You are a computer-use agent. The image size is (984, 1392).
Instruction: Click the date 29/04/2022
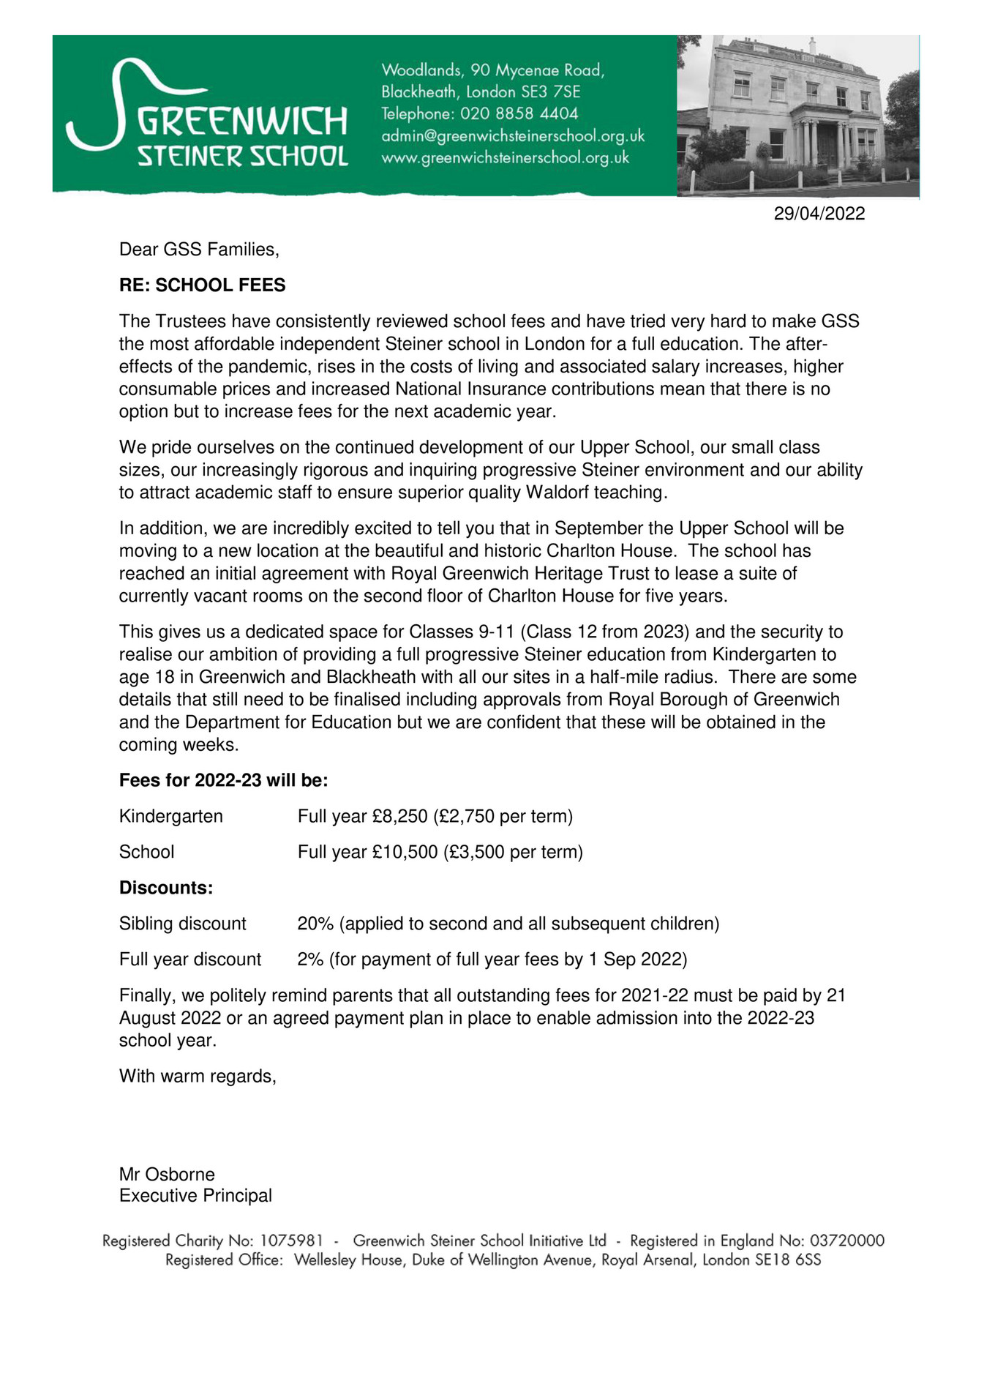[819, 214]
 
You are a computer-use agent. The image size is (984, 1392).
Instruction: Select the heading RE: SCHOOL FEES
[202, 285]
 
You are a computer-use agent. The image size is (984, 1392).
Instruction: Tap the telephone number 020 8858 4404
[519, 114]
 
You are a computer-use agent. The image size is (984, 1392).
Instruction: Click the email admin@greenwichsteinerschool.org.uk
[512, 136]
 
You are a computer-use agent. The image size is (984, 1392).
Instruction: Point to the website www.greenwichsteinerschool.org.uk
[505, 158]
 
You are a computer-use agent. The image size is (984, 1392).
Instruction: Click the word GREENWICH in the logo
[242, 121]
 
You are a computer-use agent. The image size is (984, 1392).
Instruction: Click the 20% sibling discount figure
[315, 924]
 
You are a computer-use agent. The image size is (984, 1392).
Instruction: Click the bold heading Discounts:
[166, 888]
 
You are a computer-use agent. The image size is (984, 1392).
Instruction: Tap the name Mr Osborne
[167, 1174]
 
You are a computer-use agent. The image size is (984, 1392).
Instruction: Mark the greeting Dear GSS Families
[199, 250]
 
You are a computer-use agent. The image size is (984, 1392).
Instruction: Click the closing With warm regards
[198, 1076]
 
